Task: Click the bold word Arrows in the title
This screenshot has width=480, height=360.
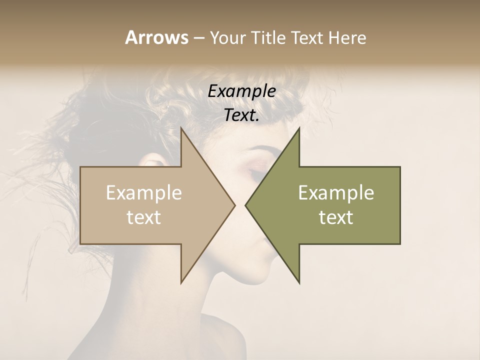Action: point(156,37)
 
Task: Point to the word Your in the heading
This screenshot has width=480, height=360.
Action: point(226,37)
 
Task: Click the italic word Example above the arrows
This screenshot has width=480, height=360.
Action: point(241,91)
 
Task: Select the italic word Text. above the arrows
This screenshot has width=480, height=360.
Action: point(241,115)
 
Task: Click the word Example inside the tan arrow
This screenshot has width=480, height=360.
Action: point(143,192)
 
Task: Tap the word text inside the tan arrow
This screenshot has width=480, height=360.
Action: point(143,217)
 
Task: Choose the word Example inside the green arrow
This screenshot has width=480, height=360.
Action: point(336,192)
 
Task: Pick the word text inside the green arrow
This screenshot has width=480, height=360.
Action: point(336,217)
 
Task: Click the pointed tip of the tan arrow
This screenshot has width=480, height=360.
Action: point(234,205)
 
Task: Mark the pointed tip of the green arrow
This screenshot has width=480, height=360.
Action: point(245,205)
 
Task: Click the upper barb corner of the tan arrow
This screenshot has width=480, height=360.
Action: point(181,128)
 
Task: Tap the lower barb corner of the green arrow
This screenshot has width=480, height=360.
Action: point(299,283)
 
